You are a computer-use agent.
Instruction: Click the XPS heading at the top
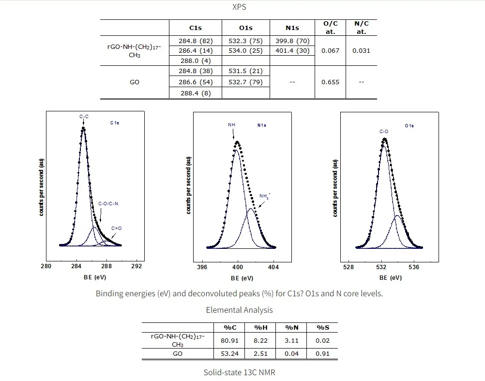[239, 7]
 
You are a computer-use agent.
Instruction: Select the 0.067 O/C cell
[330, 51]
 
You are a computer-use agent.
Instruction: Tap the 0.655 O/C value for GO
[330, 82]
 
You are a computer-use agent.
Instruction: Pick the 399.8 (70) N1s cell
[292, 41]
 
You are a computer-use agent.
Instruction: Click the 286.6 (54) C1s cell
[196, 82]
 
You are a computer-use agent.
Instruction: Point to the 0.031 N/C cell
[361, 51]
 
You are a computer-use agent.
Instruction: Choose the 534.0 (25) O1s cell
[245, 51]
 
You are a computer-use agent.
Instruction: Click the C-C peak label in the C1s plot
[84, 117]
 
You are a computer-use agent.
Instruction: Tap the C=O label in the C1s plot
[117, 228]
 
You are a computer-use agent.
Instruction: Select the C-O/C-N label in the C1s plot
[108, 204]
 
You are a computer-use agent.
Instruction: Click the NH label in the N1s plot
[231, 125]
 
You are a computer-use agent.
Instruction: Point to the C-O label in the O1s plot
[383, 131]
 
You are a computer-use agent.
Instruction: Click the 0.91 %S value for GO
[322, 353]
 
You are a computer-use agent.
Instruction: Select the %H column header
[261, 327]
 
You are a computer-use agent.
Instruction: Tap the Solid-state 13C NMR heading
[239, 372]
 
